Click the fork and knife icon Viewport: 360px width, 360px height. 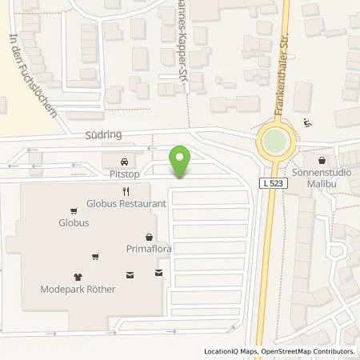click(126, 191)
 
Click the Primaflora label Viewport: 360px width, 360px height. click(150, 249)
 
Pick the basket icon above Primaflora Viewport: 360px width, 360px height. click(150, 237)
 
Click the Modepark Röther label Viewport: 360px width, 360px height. click(79, 288)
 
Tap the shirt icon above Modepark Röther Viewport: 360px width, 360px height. click(78, 274)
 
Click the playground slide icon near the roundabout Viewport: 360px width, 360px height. click(308, 123)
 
